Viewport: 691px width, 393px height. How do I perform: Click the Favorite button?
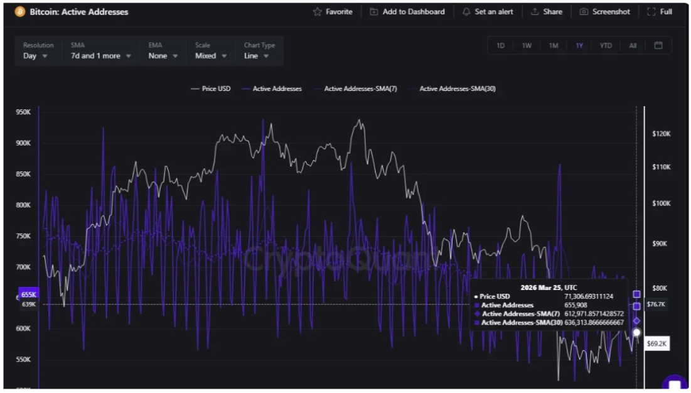tap(333, 12)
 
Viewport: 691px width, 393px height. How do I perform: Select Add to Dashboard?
tap(407, 12)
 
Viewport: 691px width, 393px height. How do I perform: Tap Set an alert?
tap(488, 12)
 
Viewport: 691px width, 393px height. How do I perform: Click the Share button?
tap(547, 12)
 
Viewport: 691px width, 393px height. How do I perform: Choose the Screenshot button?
tap(605, 12)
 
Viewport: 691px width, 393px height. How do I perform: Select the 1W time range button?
tap(527, 46)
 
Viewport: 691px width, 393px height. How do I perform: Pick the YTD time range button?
tap(606, 46)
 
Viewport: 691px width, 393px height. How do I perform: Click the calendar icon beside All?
tap(658, 46)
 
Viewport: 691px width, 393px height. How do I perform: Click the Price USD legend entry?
tap(211, 89)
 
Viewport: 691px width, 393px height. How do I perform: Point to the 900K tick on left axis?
tap(23, 143)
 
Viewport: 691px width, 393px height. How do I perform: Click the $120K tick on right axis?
tap(662, 134)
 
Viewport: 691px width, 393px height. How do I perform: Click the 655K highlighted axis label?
tap(29, 294)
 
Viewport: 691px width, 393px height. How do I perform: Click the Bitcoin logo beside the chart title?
tap(19, 12)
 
